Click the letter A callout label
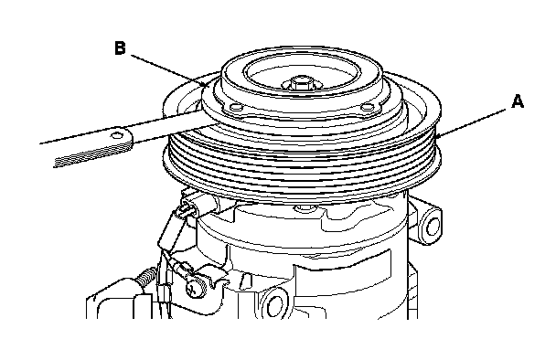pyautogui.click(x=518, y=101)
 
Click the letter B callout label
pyautogui.click(x=120, y=48)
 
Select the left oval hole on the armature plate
pyautogui.click(x=235, y=108)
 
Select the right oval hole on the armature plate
pyautogui.click(x=368, y=107)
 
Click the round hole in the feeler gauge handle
pyautogui.click(x=117, y=135)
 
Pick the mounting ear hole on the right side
pyautogui.click(x=433, y=227)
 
